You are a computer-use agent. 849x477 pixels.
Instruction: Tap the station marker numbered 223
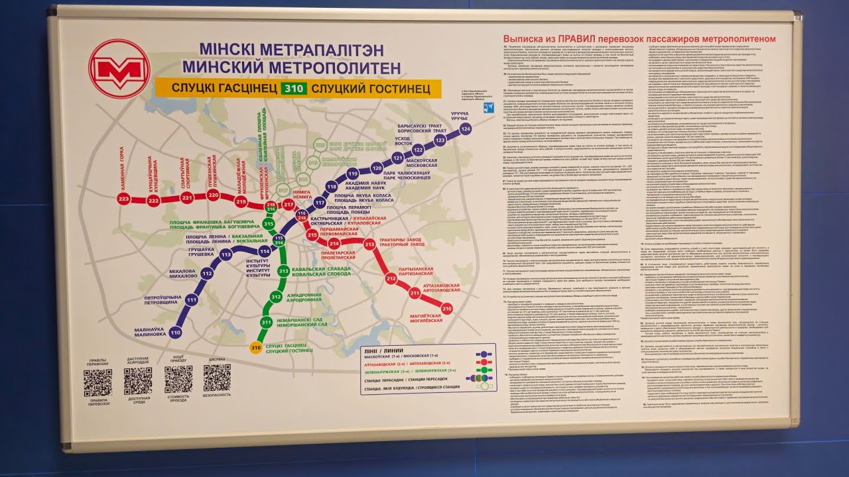pyautogui.click(x=123, y=199)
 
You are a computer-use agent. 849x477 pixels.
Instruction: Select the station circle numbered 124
pyautogui.click(x=465, y=128)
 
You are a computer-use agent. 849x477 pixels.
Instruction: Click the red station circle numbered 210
pyautogui.click(x=446, y=308)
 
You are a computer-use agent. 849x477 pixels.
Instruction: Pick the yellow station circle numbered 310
pyautogui.click(x=255, y=347)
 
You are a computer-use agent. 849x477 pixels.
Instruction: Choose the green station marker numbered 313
pyautogui.click(x=283, y=271)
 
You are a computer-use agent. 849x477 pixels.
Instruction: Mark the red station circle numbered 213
pyautogui.click(x=369, y=244)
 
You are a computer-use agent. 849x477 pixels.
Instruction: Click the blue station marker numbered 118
pyautogui.click(x=332, y=187)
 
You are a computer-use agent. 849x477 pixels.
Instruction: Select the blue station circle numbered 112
pyautogui.click(x=208, y=273)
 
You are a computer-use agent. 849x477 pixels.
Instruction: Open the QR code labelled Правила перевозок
pyautogui.click(x=98, y=382)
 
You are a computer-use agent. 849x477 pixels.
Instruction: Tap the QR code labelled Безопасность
pyautogui.click(x=217, y=378)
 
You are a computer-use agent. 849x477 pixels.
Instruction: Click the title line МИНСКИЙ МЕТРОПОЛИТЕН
pyautogui.click(x=291, y=67)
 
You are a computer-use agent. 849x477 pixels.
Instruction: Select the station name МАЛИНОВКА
pyautogui.click(x=149, y=334)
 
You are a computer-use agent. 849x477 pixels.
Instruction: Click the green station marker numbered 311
pyautogui.click(x=266, y=323)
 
